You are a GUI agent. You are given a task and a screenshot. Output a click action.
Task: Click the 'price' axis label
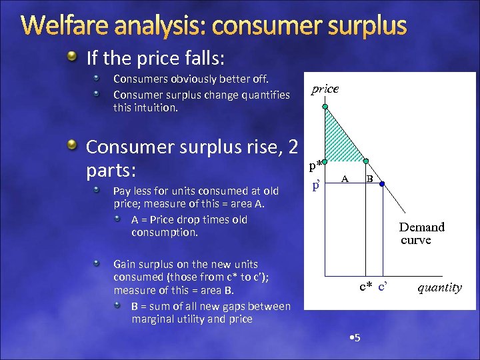click(x=325, y=89)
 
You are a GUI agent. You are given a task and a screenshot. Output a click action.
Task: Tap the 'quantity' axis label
click(x=439, y=288)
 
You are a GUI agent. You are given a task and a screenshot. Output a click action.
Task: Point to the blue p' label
click(x=317, y=185)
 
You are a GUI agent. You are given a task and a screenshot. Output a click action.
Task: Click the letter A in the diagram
click(x=345, y=178)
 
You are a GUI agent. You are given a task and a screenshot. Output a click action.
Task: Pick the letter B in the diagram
click(x=369, y=178)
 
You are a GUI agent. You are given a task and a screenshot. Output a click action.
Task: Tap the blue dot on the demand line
click(x=382, y=183)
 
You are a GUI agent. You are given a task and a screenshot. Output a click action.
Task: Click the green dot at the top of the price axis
click(x=325, y=107)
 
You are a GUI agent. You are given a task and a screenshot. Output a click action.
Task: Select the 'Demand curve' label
click(x=421, y=233)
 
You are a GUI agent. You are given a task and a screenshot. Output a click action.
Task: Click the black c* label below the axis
click(x=366, y=287)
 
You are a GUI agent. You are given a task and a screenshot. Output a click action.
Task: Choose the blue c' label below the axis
click(x=383, y=287)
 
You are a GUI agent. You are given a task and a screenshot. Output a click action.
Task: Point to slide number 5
click(x=355, y=337)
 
